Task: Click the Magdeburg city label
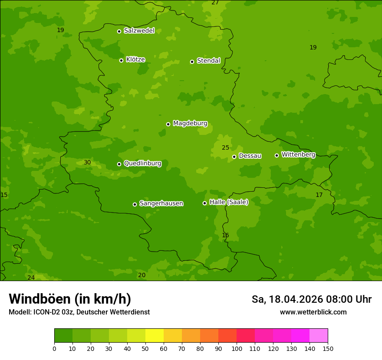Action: tap(190, 124)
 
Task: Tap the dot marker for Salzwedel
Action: tap(119, 31)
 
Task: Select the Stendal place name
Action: tap(208, 61)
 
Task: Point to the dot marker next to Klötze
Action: tap(121, 60)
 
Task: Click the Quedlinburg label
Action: tap(142, 164)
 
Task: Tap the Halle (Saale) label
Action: tap(229, 202)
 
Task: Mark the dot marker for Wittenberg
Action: tap(277, 155)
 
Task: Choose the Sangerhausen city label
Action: tap(161, 203)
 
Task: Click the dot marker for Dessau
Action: tap(234, 157)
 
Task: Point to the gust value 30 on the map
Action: tap(87, 163)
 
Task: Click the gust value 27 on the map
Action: tap(215, 3)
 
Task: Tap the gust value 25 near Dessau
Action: tap(226, 148)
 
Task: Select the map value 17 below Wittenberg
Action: tap(319, 195)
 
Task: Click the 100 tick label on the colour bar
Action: tap(237, 348)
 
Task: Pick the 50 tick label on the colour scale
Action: tap(145, 348)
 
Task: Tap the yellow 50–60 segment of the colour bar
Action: tap(155, 336)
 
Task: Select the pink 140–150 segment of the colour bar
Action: tap(319, 336)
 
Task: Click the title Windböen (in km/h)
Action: tap(70, 299)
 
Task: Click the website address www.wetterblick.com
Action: tap(313, 312)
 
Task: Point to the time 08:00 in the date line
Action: tap(339, 299)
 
